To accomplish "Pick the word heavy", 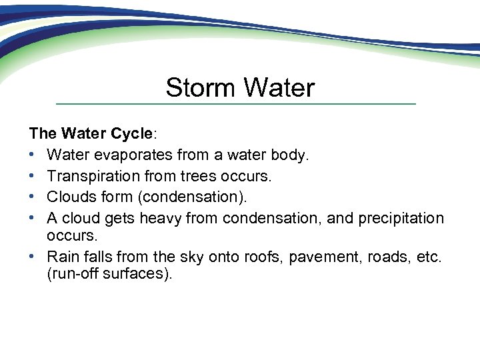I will click(161, 218).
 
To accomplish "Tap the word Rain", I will click(62, 257).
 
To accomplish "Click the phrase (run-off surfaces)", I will click(109, 274).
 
